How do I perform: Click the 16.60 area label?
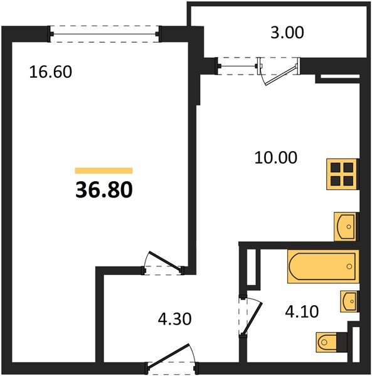coord(51,72)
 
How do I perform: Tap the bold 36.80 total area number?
coord(104,189)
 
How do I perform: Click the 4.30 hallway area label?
coord(174,319)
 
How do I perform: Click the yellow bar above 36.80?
coord(104,170)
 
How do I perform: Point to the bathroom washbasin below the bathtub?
coord(349,301)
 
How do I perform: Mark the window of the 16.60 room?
coord(104,32)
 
